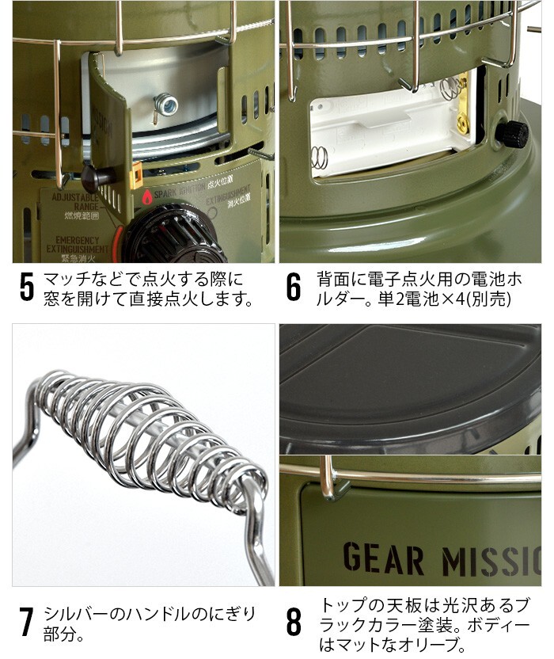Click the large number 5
(x=27, y=288)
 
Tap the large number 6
(x=294, y=288)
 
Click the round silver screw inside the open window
(x=165, y=102)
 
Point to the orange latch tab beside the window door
(x=137, y=170)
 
